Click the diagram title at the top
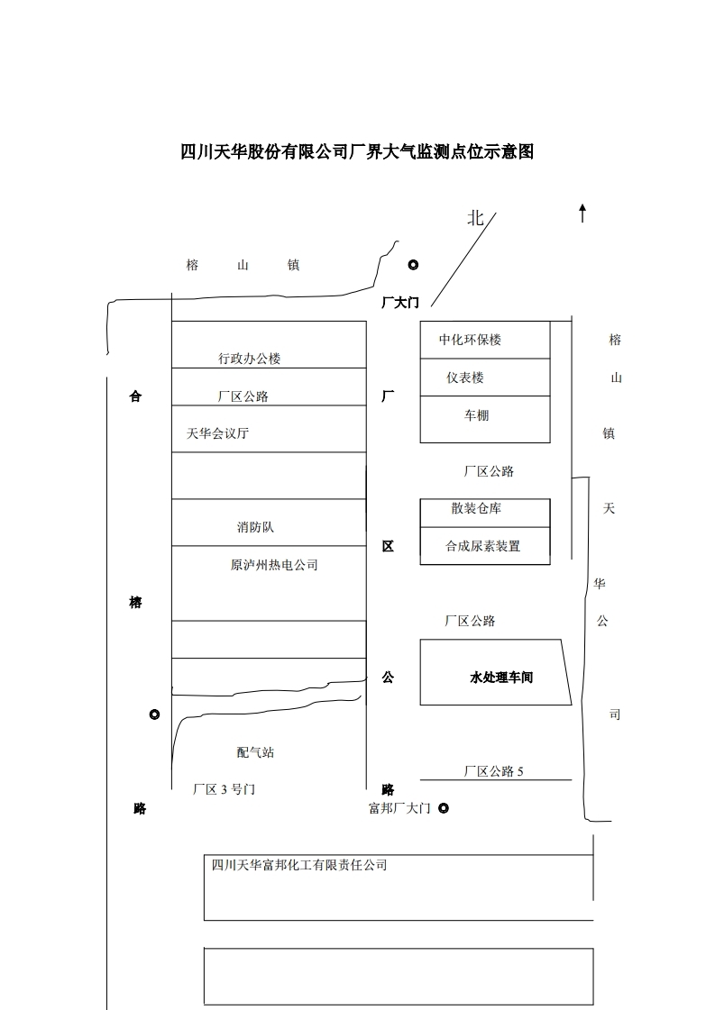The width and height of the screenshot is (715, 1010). click(x=357, y=152)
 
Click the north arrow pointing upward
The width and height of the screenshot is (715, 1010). click(x=582, y=213)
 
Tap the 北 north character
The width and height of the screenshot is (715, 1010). click(x=475, y=218)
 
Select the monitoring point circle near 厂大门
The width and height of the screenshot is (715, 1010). click(x=413, y=265)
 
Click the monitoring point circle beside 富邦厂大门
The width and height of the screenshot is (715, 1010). click(x=443, y=808)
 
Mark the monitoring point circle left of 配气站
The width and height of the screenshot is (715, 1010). click(x=154, y=714)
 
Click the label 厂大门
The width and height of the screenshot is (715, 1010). click(x=400, y=303)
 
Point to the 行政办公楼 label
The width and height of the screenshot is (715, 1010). click(x=250, y=359)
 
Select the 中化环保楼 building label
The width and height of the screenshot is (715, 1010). click(x=470, y=340)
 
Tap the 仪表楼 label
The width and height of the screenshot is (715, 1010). click(x=465, y=378)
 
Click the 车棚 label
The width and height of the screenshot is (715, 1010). click(x=477, y=415)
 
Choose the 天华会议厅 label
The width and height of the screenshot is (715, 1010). click(x=217, y=433)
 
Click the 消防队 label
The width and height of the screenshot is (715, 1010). click(x=255, y=527)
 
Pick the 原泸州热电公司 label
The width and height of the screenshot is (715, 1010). click(x=274, y=565)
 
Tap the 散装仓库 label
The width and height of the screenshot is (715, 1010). click(x=476, y=508)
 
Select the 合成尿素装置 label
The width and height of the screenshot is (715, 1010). click(x=483, y=546)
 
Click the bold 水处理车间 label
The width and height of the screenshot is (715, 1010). click(x=501, y=677)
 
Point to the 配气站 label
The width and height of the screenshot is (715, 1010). click(x=255, y=752)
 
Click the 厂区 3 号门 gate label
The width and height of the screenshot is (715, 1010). click(x=225, y=789)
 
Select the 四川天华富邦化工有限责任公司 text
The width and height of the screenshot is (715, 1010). click(x=299, y=865)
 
